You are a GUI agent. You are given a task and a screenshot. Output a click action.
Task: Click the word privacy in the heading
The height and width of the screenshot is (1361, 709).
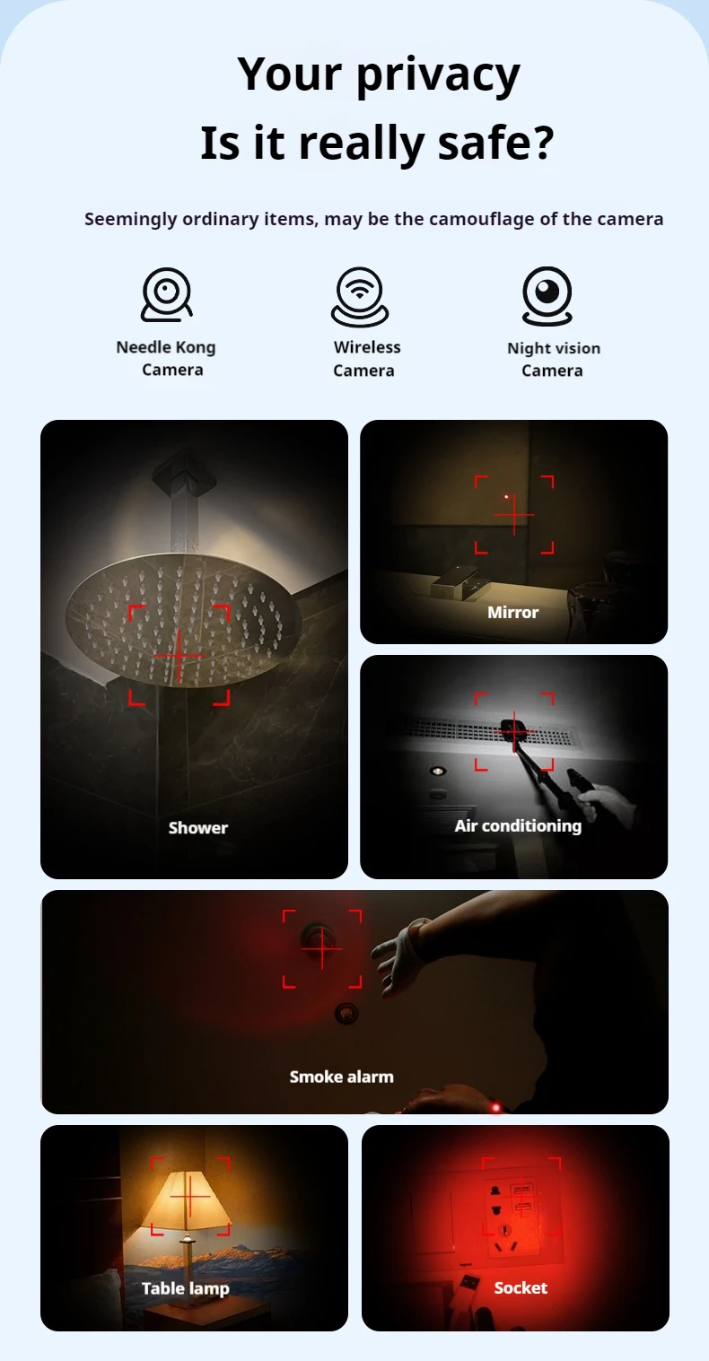(x=438, y=75)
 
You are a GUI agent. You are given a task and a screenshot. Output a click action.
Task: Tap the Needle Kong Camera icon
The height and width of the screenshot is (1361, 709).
(x=167, y=295)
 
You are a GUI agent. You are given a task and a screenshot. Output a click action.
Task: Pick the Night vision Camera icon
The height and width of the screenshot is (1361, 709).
(x=547, y=295)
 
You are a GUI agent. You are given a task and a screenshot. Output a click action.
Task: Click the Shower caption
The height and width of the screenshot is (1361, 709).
(x=198, y=827)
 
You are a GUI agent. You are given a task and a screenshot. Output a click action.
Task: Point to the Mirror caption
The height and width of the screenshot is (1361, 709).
(x=512, y=612)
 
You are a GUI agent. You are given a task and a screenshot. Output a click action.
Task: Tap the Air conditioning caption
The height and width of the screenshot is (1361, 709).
(x=518, y=825)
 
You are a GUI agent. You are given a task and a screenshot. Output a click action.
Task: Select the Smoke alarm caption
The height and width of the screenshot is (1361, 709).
(x=341, y=1076)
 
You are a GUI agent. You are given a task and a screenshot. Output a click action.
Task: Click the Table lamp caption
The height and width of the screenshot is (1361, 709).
(x=186, y=1288)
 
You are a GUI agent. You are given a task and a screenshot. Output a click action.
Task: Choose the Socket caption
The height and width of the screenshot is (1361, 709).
(x=521, y=1287)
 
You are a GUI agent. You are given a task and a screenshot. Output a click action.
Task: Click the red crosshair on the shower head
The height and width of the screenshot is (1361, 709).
(x=179, y=655)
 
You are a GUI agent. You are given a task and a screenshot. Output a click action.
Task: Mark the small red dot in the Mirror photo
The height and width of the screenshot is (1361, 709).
(x=507, y=496)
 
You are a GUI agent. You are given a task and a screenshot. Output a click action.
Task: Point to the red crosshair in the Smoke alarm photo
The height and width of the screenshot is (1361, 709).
(x=322, y=947)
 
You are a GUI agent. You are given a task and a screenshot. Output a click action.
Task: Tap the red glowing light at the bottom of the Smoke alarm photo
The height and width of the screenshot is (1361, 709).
(x=495, y=1107)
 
